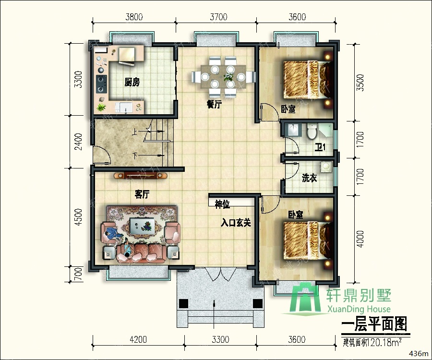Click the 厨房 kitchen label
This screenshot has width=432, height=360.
[x=132, y=83]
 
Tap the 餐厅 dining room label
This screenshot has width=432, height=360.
[x=214, y=105]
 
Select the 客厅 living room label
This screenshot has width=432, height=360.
[x=143, y=194]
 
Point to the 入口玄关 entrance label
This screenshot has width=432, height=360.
[x=236, y=223]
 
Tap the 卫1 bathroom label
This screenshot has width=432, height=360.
[x=320, y=147]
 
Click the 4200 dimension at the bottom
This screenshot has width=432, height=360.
[x=138, y=340]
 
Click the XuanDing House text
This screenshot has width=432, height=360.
[x=359, y=309]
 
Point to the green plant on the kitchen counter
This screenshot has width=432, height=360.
[x=101, y=107]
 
